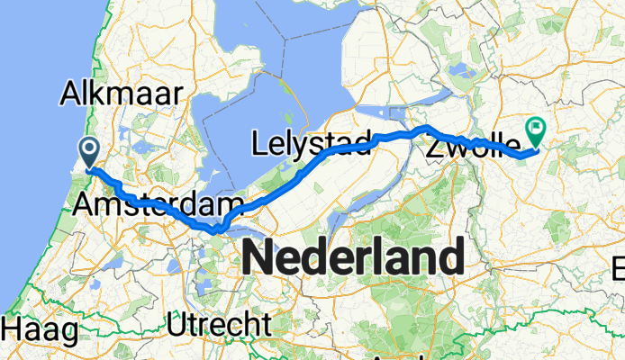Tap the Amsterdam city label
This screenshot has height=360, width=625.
point(159,204)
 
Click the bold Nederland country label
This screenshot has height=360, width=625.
point(353,259)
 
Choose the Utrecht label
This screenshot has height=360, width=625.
point(219,322)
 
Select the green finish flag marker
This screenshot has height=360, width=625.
point(537,132)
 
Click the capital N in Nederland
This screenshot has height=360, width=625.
point(258,259)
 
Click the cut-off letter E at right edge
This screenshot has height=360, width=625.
point(620,268)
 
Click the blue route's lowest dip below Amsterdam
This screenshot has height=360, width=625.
point(215,231)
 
